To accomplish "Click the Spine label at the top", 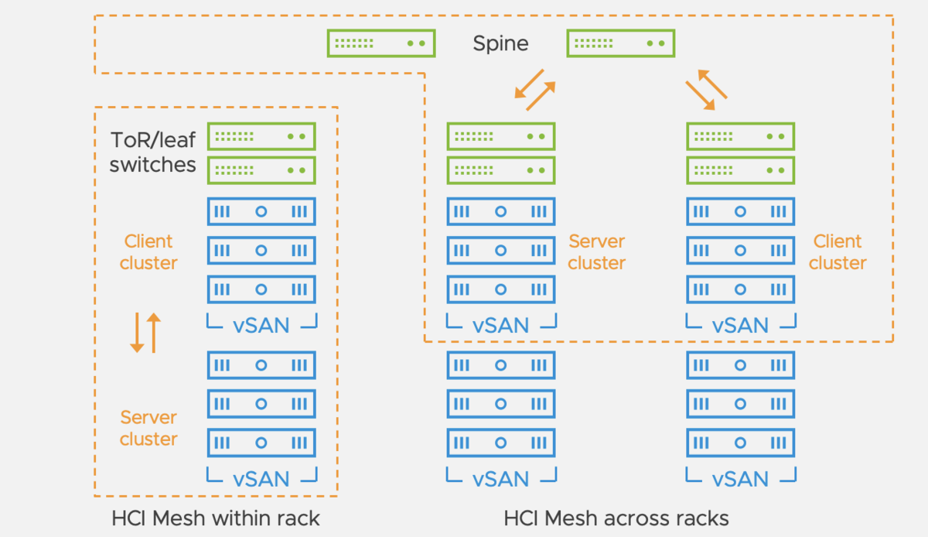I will [x=500, y=43].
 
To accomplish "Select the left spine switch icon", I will [x=380, y=43].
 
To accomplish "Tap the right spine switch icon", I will [x=621, y=43].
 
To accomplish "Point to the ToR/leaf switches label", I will [x=152, y=152].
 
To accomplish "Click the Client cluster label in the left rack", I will [x=148, y=252].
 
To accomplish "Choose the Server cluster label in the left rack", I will [x=148, y=428].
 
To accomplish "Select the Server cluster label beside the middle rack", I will [x=596, y=252].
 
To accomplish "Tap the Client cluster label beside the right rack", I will [x=838, y=252].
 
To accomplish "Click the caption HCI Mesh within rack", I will [x=216, y=518].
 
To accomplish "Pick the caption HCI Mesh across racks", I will [x=616, y=518].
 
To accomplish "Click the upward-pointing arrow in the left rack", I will [x=153, y=333].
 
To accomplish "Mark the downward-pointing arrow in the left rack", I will [x=137, y=333].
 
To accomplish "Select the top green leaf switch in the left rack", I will [x=261, y=136].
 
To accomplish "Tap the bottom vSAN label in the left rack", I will [x=261, y=479].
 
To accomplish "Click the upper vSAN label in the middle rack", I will [x=501, y=325].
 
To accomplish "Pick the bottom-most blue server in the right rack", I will [x=741, y=443].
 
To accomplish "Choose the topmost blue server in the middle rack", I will [x=501, y=211].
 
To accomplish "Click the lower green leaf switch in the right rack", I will [x=741, y=169].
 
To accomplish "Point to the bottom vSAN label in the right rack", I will [x=741, y=479].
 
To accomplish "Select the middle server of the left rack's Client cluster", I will [x=261, y=250].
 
